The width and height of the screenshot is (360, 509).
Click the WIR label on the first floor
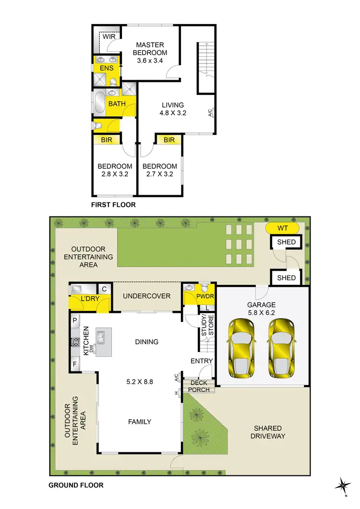tap(108, 36)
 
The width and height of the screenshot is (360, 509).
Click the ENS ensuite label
tap(107, 68)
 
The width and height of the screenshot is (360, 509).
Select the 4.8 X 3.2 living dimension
tap(172, 113)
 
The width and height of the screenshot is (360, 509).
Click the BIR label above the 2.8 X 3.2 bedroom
tap(107, 140)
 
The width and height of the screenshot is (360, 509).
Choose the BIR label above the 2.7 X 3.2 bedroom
tap(169, 140)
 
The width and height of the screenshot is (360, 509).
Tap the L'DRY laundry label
tap(89, 299)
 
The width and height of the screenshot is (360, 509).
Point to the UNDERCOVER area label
tap(146, 296)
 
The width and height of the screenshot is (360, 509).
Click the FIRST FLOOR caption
tap(113, 205)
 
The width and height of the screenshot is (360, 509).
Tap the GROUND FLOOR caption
tap(76, 485)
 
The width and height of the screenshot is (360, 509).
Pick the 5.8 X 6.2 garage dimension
tap(262, 312)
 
